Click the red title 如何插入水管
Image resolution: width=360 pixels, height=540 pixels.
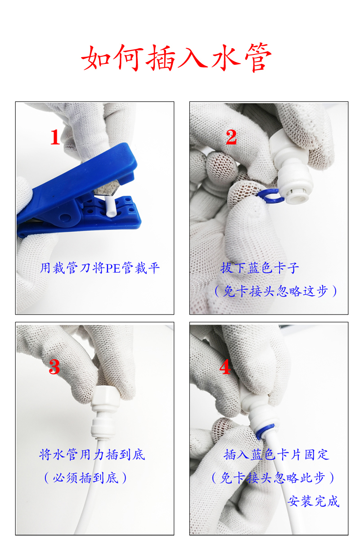176,58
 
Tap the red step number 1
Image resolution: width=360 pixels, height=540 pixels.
55,137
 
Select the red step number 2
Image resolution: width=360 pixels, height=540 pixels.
231,137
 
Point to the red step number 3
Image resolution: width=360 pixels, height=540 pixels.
54,367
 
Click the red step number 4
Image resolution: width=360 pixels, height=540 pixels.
225,367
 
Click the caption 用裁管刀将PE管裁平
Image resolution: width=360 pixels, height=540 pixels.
99,268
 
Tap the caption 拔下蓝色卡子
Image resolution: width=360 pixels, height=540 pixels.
260,268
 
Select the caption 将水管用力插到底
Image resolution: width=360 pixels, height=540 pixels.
92,454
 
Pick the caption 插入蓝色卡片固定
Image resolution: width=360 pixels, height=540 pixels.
277,454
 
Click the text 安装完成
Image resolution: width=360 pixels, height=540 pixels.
314,501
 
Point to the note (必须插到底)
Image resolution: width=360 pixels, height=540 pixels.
85,478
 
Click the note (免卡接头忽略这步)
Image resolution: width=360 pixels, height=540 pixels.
275,291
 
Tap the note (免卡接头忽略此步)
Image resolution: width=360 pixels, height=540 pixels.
273,478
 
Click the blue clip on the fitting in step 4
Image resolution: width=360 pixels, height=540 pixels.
265,432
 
